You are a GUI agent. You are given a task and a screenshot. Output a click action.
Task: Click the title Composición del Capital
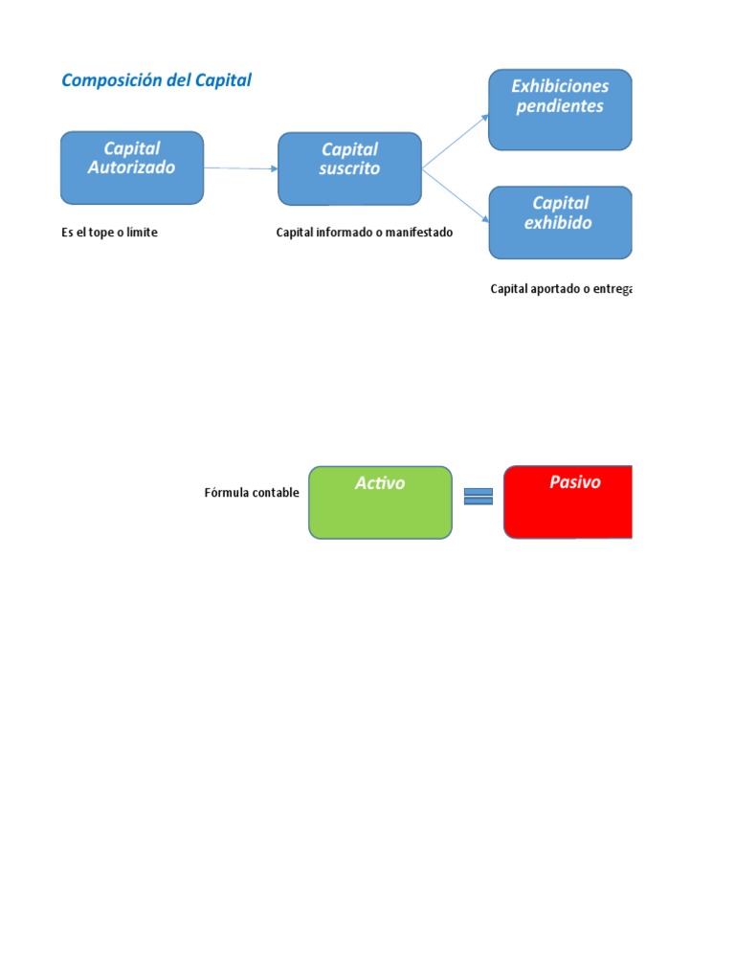[x=156, y=80]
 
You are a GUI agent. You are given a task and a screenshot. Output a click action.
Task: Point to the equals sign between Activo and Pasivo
[x=479, y=496]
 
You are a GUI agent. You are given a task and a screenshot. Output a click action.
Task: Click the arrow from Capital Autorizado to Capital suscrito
[x=240, y=168]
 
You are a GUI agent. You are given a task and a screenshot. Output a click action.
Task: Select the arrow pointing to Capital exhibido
[x=455, y=197]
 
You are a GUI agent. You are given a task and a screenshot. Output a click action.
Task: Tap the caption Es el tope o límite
[x=109, y=233]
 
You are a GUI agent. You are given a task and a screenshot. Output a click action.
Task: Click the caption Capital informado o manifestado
[x=365, y=233]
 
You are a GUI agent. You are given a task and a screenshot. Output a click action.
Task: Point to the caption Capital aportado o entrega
[x=561, y=288]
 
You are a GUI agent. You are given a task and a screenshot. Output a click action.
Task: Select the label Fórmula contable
[x=252, y=493]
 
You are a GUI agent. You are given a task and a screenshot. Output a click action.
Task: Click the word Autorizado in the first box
[x=132, y=167]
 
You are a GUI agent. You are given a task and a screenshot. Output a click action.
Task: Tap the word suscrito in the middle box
[x=349, y=168]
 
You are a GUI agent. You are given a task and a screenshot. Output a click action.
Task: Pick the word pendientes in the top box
[x=560, y=106]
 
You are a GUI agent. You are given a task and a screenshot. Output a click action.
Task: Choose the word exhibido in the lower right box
[x=559, y=223]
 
